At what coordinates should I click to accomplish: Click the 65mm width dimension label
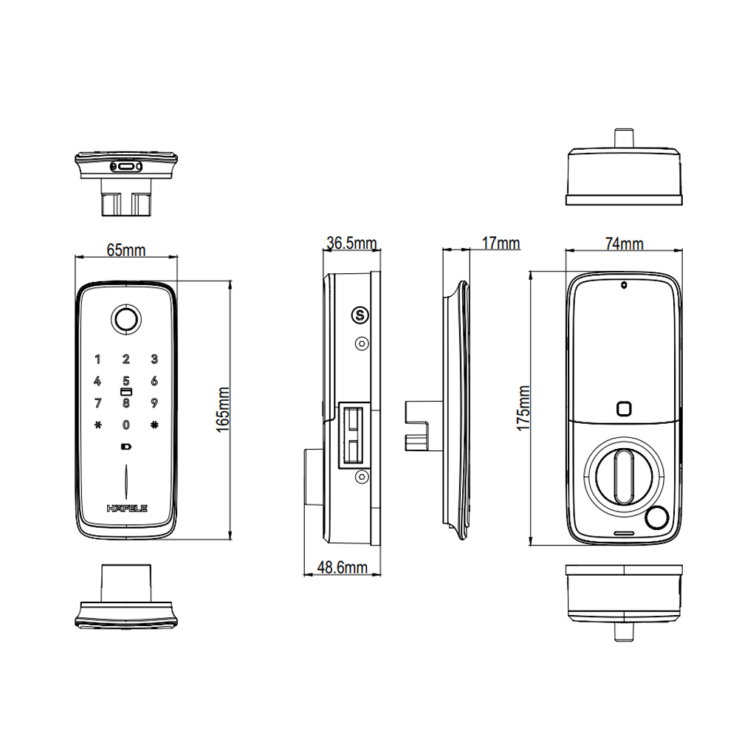126,250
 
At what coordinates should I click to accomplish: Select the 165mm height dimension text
223,409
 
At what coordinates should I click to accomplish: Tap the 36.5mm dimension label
351,243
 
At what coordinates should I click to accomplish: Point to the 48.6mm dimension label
343,568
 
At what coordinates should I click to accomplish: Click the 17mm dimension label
501,244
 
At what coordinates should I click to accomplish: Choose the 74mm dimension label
625,244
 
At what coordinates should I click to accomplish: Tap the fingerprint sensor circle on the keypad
126,319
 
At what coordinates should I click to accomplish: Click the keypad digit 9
154,402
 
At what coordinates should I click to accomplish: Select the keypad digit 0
126,425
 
